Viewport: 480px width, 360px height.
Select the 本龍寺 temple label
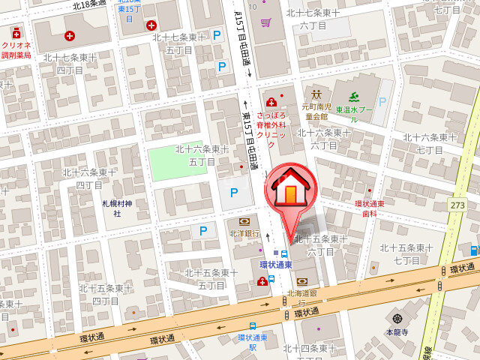click(397, 331)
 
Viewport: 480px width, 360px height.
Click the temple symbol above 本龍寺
click(397, 319)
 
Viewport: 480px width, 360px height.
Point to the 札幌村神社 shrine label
click(117, 208)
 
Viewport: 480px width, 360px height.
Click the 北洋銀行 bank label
click(244, 233)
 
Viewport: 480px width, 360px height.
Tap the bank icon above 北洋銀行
click(244, 222)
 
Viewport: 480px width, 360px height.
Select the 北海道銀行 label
click(303, 297)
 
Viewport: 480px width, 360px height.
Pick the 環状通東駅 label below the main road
click(253, 342)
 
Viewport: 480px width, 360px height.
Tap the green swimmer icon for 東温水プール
click(353, 96)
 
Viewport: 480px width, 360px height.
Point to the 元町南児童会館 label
click(316, 112)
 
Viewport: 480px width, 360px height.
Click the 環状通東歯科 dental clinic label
click(369, 208)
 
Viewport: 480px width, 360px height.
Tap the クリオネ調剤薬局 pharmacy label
click(16, 50)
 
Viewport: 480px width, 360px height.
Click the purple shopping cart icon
click(265, 22)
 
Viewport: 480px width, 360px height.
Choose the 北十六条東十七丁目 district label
click(430, 143)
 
